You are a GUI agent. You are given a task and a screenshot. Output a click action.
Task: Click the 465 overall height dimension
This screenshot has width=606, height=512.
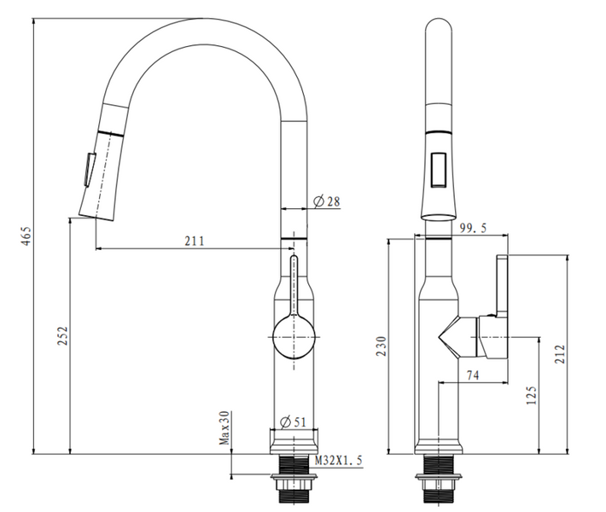coord(26,236)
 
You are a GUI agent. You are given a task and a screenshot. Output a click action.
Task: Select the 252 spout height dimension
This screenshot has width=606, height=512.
coord(62,336)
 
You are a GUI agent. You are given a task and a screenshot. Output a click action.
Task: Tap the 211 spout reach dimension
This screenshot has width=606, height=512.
coord(194,241)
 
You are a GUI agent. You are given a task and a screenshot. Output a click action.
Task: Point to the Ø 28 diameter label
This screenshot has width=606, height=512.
coord(327,201)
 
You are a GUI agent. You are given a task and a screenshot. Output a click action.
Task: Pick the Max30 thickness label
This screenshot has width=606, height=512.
coord(224,428)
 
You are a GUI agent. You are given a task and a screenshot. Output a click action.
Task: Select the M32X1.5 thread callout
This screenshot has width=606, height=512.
coord(339,460)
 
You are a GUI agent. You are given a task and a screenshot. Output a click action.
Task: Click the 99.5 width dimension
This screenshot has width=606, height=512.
coord(473,228)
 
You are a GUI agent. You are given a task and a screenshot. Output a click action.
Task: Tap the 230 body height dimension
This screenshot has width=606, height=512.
coord(381,346)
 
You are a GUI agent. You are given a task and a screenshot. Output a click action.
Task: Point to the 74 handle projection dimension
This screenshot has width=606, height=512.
coord(473,375)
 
